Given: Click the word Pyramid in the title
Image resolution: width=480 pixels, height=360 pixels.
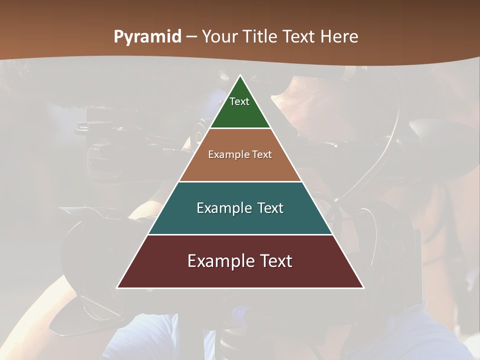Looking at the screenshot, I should (147, 37).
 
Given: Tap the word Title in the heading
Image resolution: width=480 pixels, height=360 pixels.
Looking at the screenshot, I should (261, 36).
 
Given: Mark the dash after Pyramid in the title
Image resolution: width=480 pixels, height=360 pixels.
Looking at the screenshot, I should (191, 37).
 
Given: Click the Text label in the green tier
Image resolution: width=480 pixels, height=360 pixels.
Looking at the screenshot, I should (239, 101).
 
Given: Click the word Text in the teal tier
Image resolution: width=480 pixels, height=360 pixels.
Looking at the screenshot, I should (271, 208).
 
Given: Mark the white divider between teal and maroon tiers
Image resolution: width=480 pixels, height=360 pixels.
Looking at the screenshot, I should (240, 234).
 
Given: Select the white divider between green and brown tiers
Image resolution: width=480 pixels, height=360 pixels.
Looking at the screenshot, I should (240, 128).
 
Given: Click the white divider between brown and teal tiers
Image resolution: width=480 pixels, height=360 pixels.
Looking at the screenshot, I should (240, 181).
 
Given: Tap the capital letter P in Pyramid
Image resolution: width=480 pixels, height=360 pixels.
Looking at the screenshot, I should (118, 36).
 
